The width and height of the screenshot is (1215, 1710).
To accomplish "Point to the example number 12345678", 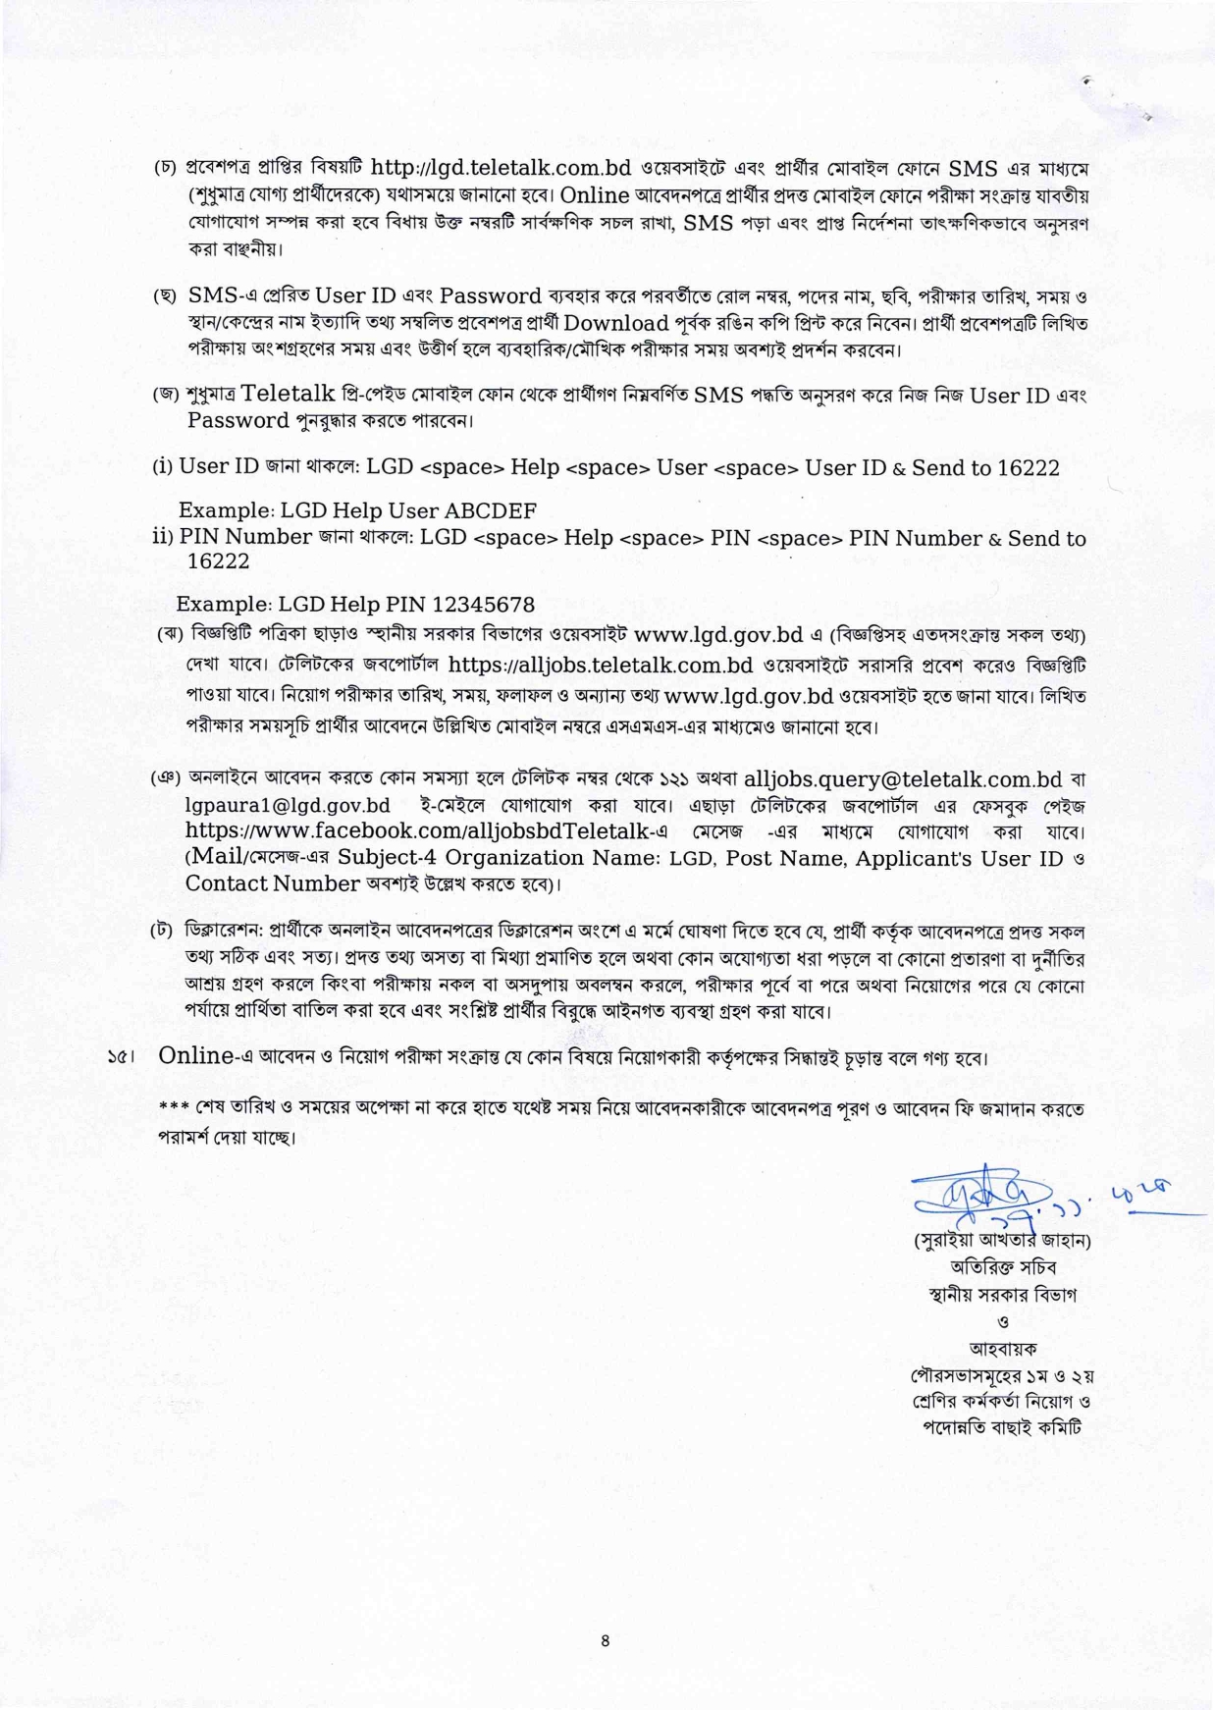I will pyautogui.click(x=483, y=604).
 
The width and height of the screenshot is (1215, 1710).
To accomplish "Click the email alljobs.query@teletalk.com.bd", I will pyautogui.click(x=903, y=779).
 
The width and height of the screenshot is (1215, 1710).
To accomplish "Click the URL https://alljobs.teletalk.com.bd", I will pyautogui.click(x=601, y=665).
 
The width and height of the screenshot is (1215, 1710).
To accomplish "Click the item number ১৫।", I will pyautogui.click(x=120, y=1058).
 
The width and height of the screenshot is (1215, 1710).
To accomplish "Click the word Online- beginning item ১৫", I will pyautogui.click(x=196, y=1056).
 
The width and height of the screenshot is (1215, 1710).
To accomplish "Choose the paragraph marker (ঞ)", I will pyautogui.click(x=166, y=778).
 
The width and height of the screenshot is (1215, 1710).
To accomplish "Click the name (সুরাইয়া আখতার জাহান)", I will pyautogui.click(x=1002, y=1240).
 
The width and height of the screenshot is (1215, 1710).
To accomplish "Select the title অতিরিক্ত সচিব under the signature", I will pyautogui.click(x=1002, y=1266).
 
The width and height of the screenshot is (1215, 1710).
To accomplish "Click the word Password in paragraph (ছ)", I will pyautogui.click(x=491, y=296).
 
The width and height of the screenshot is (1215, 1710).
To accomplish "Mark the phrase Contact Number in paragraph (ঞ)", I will pyautogui.click(x=272, y=883).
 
